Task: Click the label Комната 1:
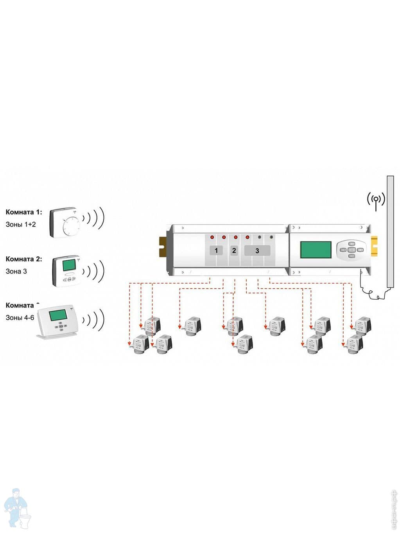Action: point(23,212)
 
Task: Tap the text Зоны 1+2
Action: point(20,224)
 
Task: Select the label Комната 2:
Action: point(23,259)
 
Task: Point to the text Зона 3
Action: point(16,271)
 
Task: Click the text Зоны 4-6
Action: point(20,318)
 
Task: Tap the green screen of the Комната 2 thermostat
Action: point(69,265)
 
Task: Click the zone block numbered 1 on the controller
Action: point(216,250)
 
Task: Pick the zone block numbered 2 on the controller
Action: point(234,250)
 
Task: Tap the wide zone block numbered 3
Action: point(257,250)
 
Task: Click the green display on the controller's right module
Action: point(316,249)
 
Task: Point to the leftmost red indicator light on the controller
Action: point(212,237)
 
